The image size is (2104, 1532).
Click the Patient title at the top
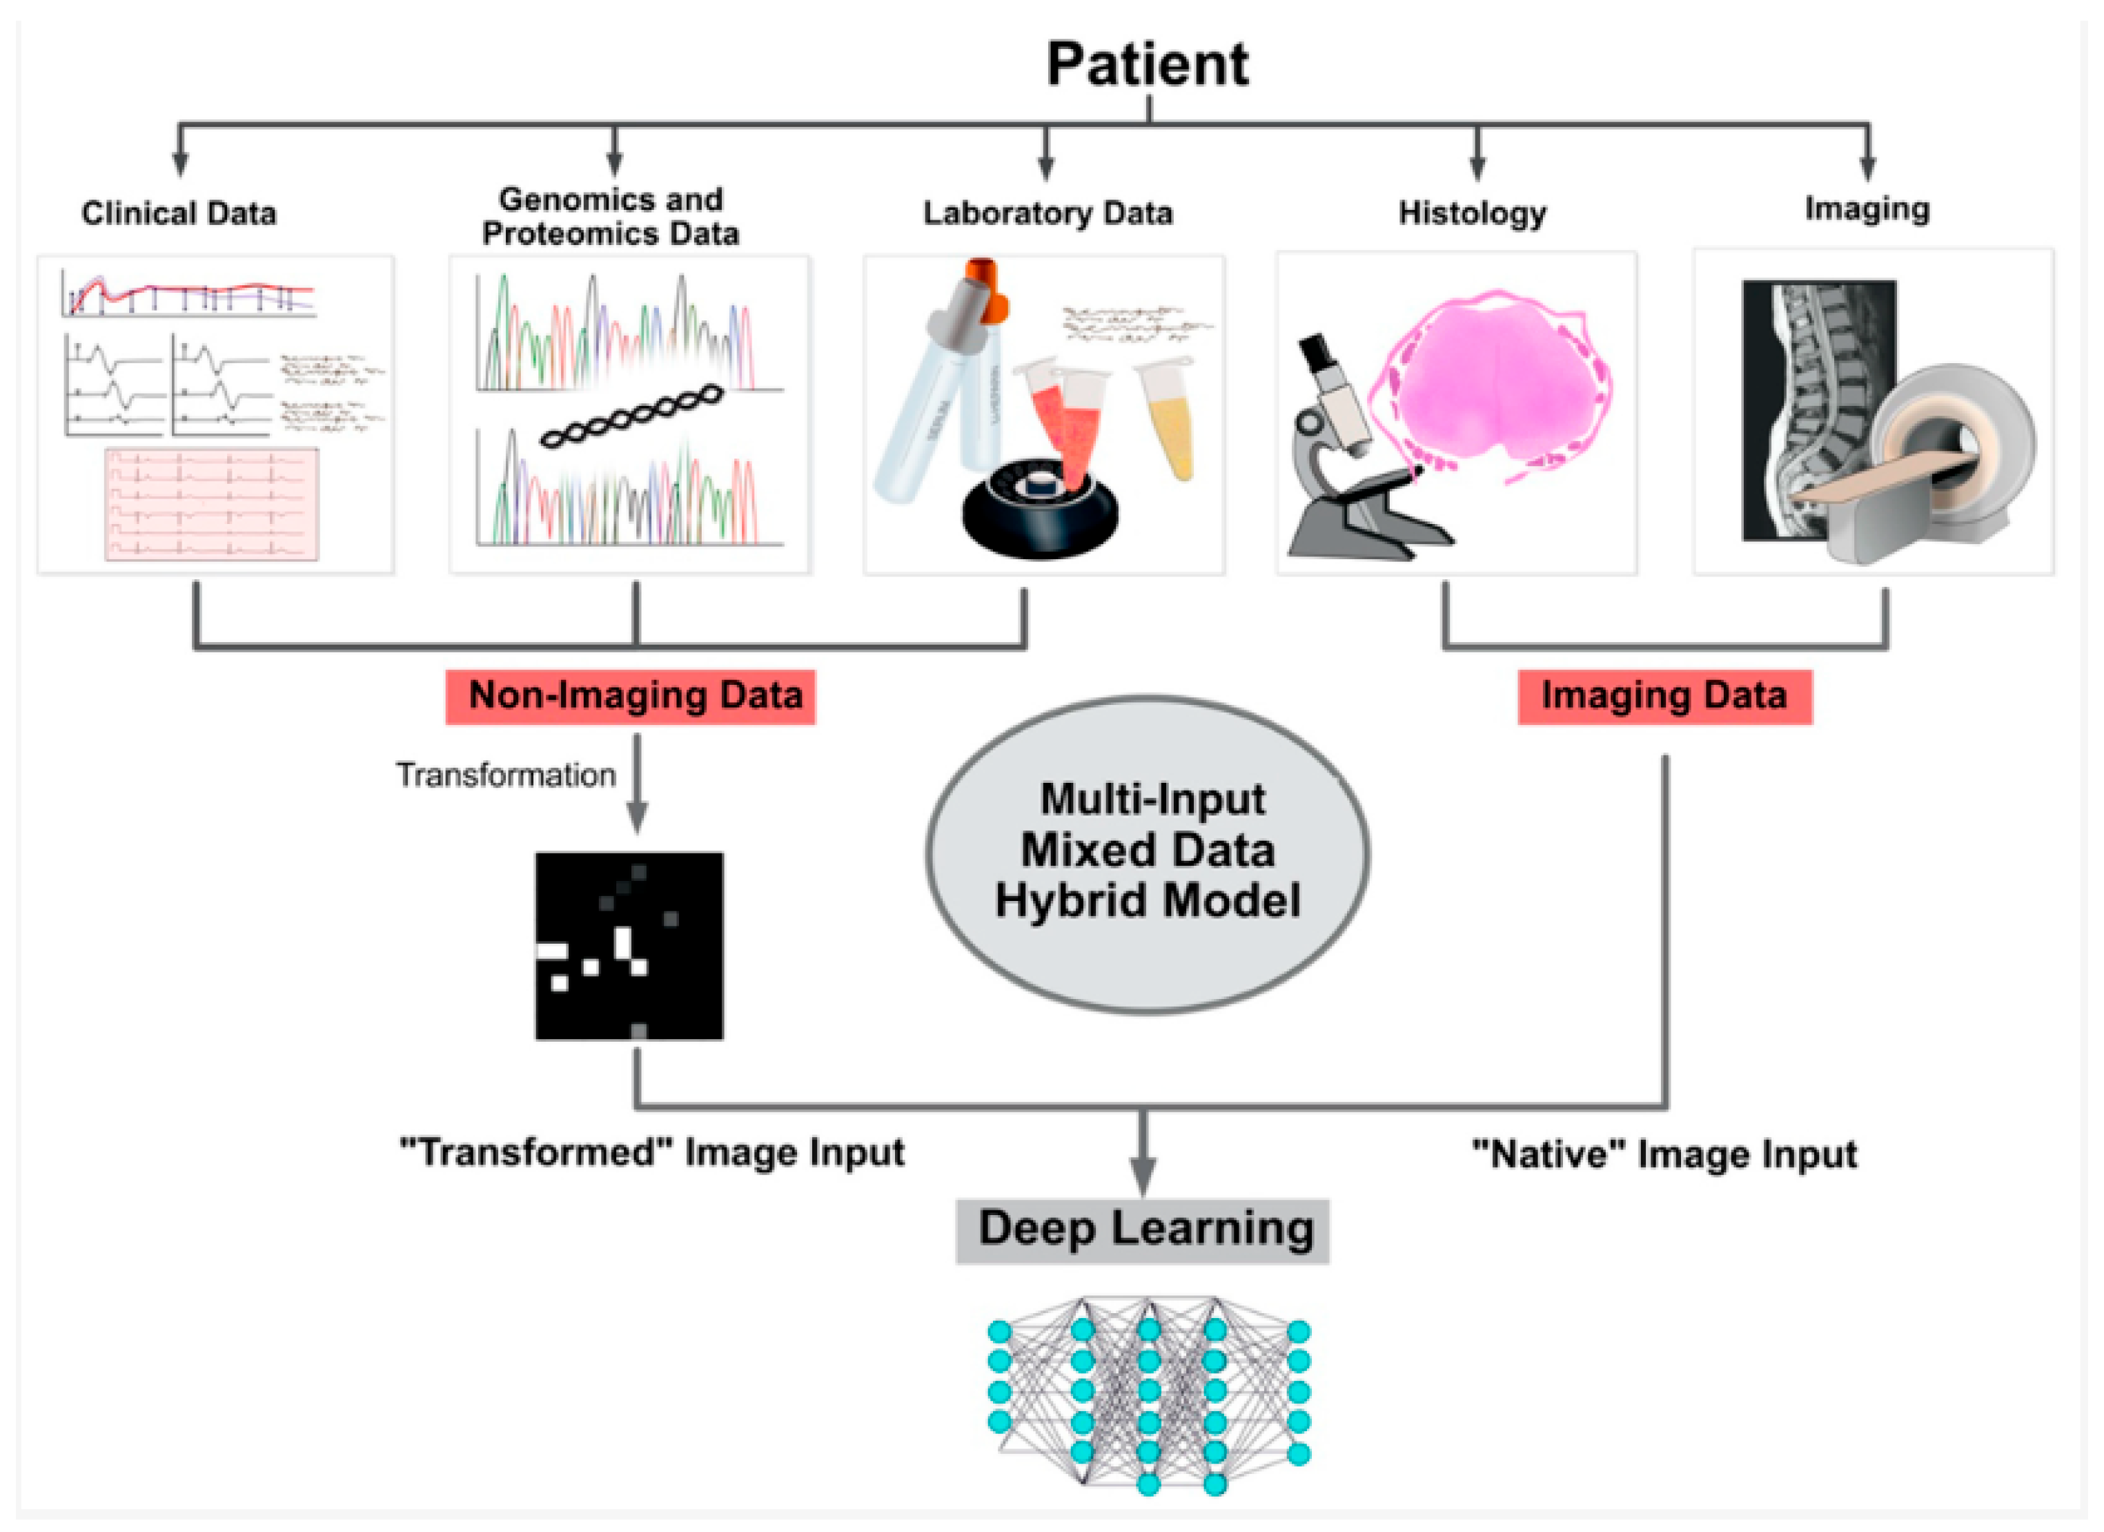tap(1148, 65)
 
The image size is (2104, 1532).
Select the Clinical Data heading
tap(179, 213)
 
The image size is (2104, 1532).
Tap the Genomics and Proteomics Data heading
tap(611, 215)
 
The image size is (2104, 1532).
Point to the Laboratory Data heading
tap(1048, 213)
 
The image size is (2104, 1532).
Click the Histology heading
tap(1472, 213)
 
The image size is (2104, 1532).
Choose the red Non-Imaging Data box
tap(631, 696)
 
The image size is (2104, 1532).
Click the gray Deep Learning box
tap(1143, 1230)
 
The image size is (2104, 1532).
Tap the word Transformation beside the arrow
tap(506, 775)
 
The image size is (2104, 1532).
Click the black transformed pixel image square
tap(629, 946)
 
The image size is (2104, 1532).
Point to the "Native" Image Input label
tap(1664, 1154)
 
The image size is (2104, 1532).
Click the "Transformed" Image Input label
tap(651, 1152)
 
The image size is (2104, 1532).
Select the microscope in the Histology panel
tap(1345, 455)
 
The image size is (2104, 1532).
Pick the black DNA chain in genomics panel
tap(631, 418)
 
